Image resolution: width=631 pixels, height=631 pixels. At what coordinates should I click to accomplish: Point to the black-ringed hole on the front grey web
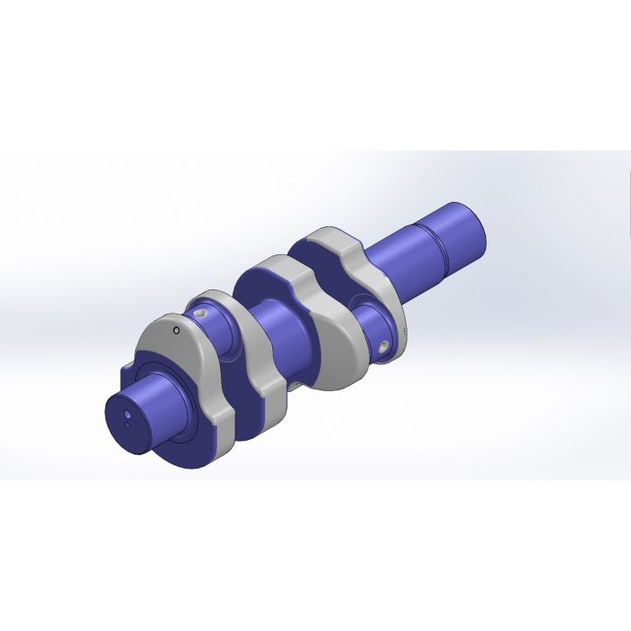click(178, 330)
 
